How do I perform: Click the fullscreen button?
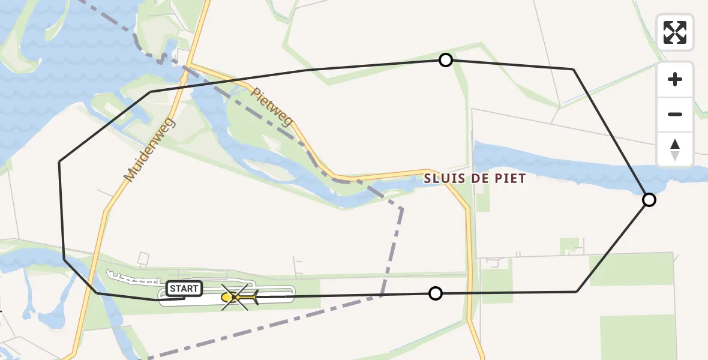pos(675,32)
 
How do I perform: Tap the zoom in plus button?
pos(675,79)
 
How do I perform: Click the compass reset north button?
pos(675,149)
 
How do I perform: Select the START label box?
pos(184,289)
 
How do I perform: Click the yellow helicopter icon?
pos(239,297)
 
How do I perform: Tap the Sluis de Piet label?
pos(475,178)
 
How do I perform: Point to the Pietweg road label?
pos(272,107)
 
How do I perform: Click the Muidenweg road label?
pos(149,150)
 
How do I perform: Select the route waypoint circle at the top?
pos(446,60)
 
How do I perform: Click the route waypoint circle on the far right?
pos(649,200)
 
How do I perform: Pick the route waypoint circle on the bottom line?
pos(436,293)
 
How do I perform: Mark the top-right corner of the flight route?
pos(573,70)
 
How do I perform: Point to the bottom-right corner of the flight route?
pos(577,292)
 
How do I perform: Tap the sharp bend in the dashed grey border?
pos(401,209)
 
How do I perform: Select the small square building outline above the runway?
pos(143,259)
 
